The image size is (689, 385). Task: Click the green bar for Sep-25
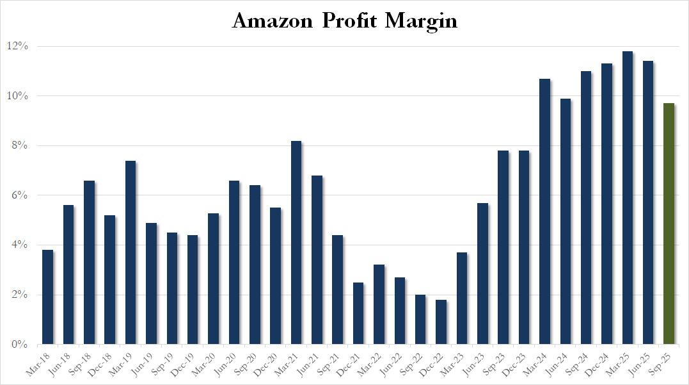(x=669, y=224)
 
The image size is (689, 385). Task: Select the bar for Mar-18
(x=47, y=297)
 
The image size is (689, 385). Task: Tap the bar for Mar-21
(x=296, y=243)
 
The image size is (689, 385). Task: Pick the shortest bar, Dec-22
(x=441, y=322)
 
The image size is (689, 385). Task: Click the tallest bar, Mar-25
(x=628, y=198)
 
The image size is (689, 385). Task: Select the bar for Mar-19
(x=131, y=252)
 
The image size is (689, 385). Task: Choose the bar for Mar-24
(x=545, y=211)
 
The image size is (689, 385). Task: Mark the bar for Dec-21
(x=358, y=313)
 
